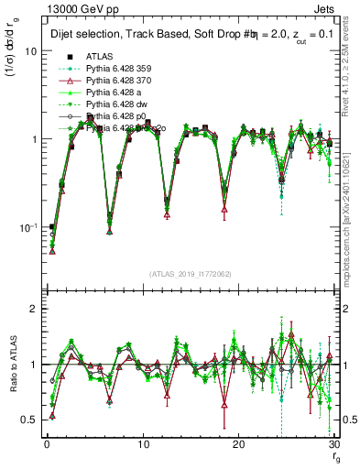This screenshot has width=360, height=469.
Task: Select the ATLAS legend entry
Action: pos(101,56)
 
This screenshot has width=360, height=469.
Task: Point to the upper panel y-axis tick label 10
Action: pos(30,51)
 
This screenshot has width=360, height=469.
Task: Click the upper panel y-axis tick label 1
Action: pos(33,139)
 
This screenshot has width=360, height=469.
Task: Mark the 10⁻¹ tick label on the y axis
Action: pos(28,226)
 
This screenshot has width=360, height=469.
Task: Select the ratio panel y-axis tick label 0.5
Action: pos(29,420)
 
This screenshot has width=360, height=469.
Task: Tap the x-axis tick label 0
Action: pos(47,444)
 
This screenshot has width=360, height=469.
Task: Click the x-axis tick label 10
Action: pos(143,444)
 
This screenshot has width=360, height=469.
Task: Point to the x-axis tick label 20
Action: pos(239,444)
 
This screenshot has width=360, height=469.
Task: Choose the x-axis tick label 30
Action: pos(333,444)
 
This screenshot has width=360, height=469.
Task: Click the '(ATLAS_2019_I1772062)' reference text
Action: pos(191,274)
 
